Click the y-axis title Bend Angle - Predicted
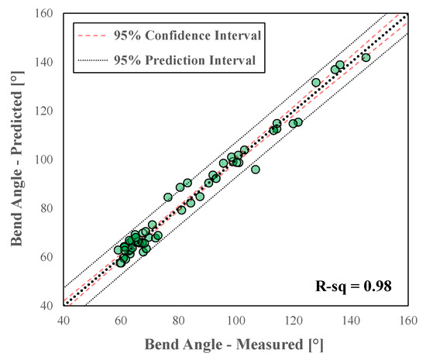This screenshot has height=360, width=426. pos(15,159)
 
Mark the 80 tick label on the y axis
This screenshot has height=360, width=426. pos(47,208)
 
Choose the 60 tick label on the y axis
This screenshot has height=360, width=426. pos(47,257)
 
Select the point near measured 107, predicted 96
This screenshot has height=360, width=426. pos(256,170)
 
